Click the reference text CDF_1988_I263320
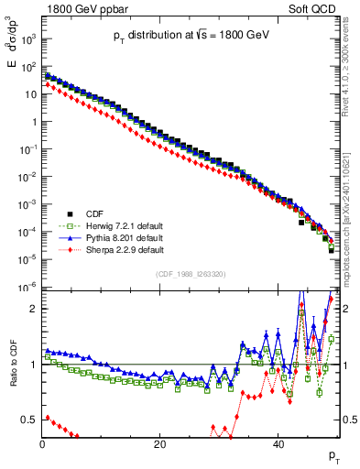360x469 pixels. pyautogui.click(x=190, y=273)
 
